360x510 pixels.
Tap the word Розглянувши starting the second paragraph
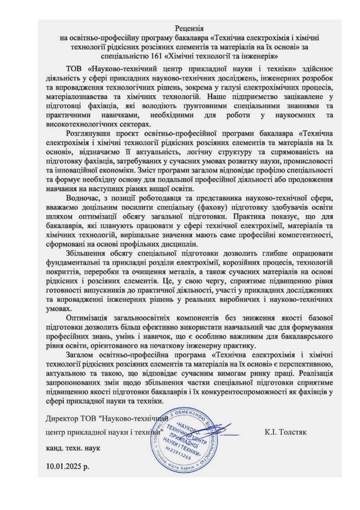90,133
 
